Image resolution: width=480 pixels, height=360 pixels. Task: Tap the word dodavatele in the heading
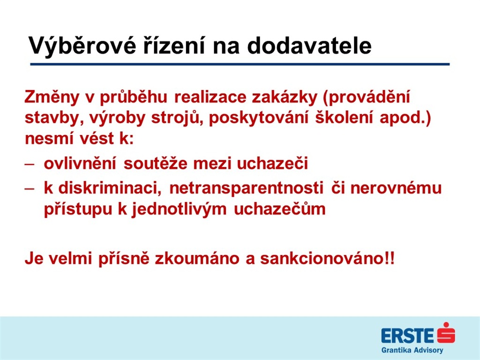[309, 45]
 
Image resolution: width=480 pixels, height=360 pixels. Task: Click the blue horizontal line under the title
[240, 64]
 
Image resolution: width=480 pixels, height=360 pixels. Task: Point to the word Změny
[52, 97]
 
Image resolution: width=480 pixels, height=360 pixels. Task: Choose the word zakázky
[285, 97]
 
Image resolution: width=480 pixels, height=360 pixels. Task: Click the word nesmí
[50, 138]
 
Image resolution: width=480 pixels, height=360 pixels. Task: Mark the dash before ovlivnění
[30, 164]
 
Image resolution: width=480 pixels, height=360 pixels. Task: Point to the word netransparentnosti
[246, 188]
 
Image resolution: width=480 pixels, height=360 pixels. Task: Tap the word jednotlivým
[179, 210]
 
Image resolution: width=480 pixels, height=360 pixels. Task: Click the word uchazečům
[279, 209]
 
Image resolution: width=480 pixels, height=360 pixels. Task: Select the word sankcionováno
[321, 259]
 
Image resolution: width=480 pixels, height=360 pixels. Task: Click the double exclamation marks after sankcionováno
[389, 258]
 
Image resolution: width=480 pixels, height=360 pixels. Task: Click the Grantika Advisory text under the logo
[412, 350]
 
